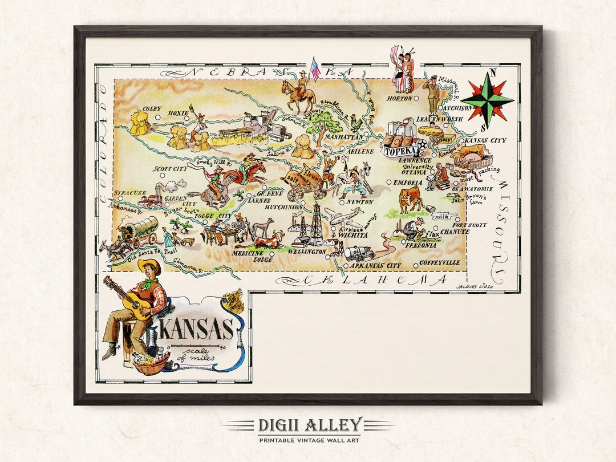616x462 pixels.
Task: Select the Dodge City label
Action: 213,216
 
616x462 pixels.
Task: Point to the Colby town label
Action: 152,109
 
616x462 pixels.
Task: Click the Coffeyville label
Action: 439,263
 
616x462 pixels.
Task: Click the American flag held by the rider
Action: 315,68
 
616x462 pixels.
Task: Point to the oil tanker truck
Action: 359,253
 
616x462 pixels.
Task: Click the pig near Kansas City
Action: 472,152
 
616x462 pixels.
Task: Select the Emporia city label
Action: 408,183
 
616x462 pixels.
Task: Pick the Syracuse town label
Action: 129,194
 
